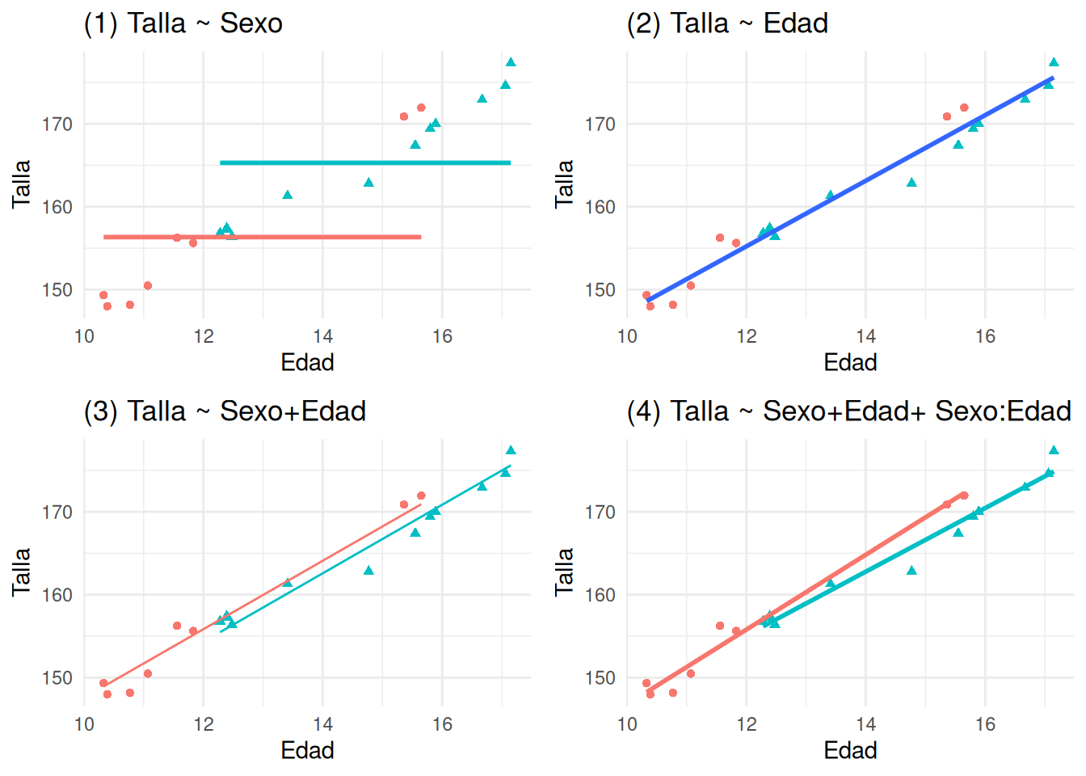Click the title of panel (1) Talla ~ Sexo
pyautogui.click(x=183, y=23)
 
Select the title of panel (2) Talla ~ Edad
pyautogui.click(x=727, y=23)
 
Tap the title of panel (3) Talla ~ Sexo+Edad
pyautogui.click(x=225, y=411)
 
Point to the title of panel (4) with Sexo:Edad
pyautogui.click(x=848, y=411)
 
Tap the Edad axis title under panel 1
pyautogui.click(x=307, y=362)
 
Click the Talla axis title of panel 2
pyautogui.click(x=564, y=184)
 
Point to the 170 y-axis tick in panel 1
pyautogui.click(x=57, y=124)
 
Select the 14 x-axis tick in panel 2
pyautogui.click(x=865, y=336)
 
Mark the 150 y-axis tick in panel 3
pyautogui.click(x=57, y=677)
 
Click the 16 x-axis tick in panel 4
pyautogui.click(x=985, y=724)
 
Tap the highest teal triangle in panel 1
pyautogui.click(x=511, y=62)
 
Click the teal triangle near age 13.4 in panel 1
pyautogui.click(x=288, y=195)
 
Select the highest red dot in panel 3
pyautogui.click(x=421, y=496)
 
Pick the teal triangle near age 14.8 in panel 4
pyautogui.click(x=911, y=571)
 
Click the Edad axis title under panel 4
pyautogui.click(x=850, y=750)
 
